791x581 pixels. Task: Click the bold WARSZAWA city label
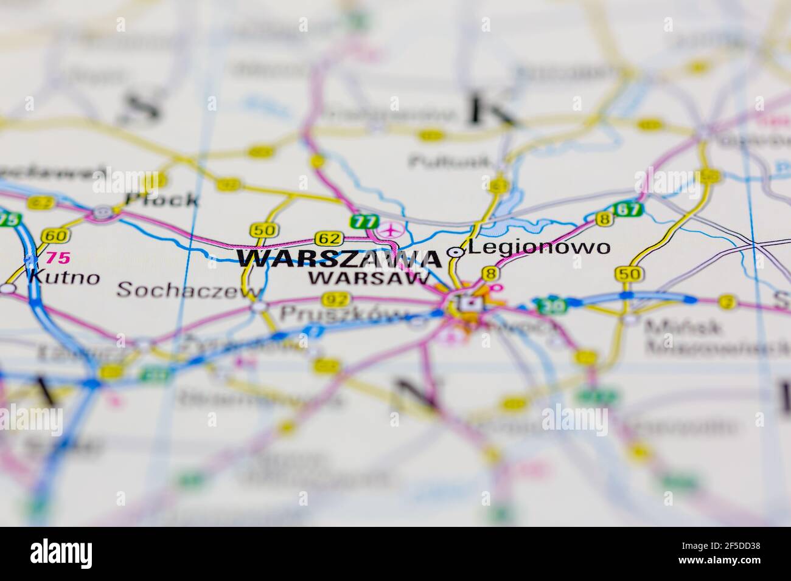coord(339,260)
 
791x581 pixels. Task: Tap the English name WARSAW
coord(369,279)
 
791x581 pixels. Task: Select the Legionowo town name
coord(539,247)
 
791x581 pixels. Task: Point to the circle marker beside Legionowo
coord(455,252)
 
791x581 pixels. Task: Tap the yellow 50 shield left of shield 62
coord(264,230)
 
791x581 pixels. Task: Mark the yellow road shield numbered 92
coord(336,299)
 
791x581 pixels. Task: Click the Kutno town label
coord(63,278)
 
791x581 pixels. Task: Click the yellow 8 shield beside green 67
coord(604,219)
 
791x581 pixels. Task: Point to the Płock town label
coord(161,199)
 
